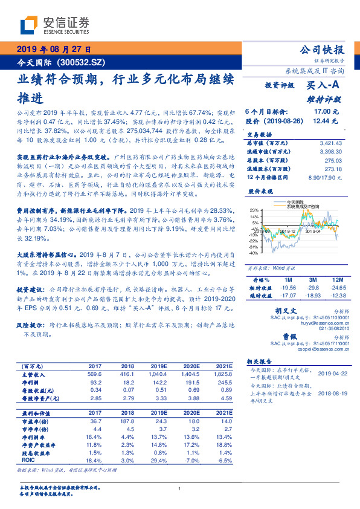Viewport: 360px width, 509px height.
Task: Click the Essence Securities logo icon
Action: [30, 25]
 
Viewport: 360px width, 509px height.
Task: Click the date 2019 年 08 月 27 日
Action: [54, 49]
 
